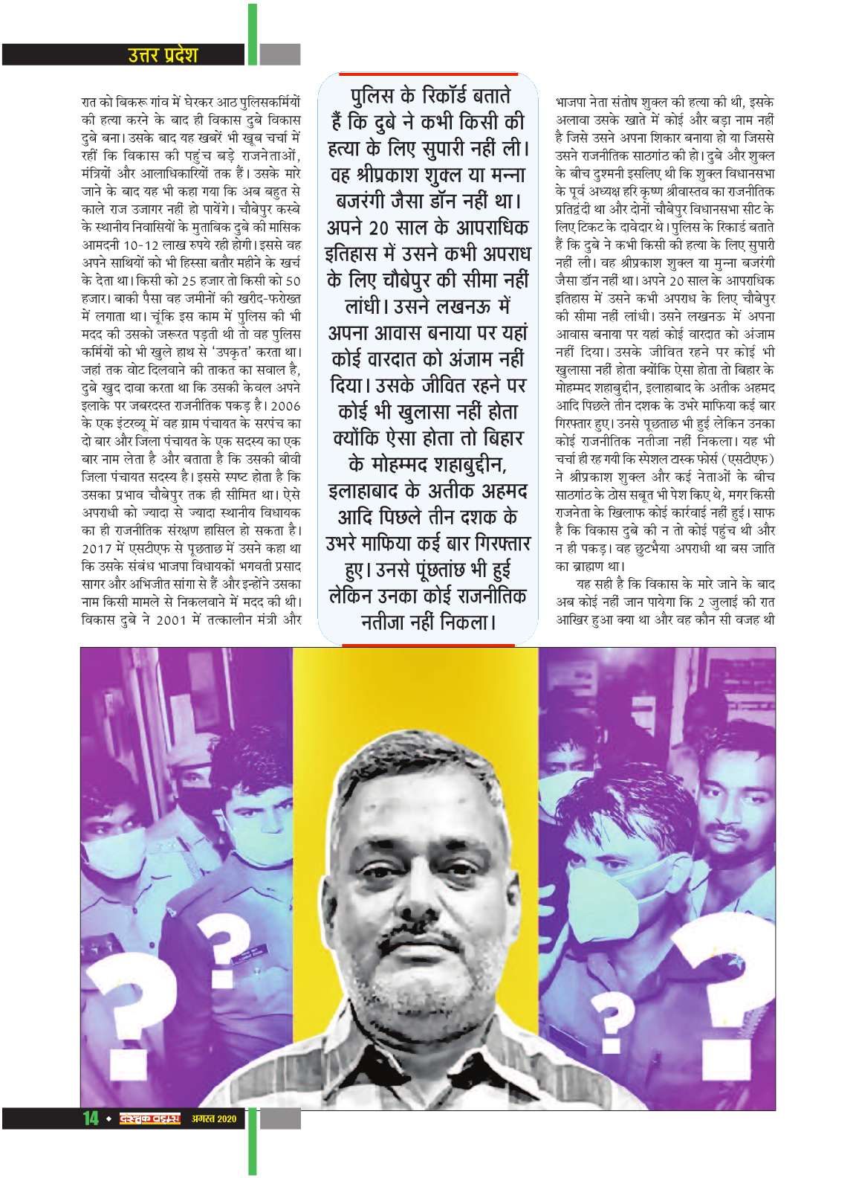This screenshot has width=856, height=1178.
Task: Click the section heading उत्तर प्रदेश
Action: point(160,54)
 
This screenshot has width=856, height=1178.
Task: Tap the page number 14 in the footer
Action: point(90,1139)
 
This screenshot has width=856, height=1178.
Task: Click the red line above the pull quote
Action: point(428,74)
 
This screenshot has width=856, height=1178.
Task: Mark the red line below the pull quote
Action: point(428,642)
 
